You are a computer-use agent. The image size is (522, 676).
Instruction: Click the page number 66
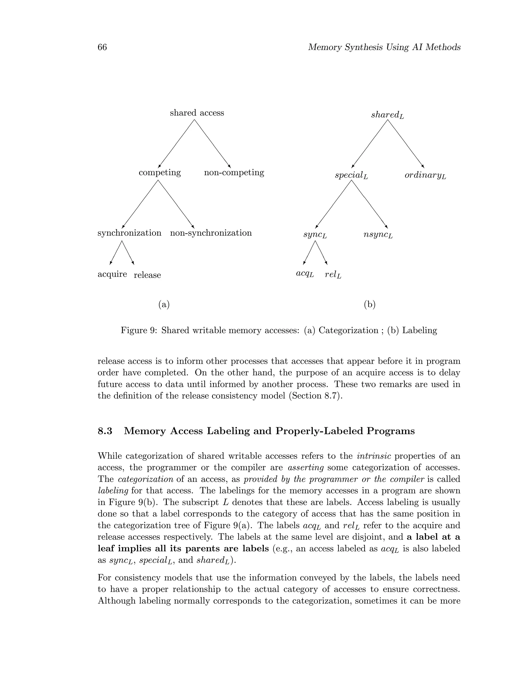102,47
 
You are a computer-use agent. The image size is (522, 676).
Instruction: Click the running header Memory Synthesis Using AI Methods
384,47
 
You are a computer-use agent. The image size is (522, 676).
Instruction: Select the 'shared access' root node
197,113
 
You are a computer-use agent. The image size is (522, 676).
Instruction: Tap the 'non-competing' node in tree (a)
234,172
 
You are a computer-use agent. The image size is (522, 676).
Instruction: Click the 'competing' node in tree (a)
160,172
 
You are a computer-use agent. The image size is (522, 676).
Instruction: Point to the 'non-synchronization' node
211,233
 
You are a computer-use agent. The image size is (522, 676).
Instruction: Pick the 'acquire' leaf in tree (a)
112,274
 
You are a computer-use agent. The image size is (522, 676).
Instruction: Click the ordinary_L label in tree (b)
425,176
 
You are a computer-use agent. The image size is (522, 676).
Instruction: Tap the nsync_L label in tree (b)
378,235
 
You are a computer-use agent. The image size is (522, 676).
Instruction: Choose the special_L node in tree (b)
351,176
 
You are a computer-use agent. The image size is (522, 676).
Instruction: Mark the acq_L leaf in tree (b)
305,274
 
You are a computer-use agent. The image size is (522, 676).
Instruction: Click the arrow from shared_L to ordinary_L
406,144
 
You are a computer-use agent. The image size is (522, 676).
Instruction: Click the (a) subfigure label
164,305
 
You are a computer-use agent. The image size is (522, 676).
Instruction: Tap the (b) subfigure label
370,305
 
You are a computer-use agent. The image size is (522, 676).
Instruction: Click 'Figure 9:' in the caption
139,330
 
